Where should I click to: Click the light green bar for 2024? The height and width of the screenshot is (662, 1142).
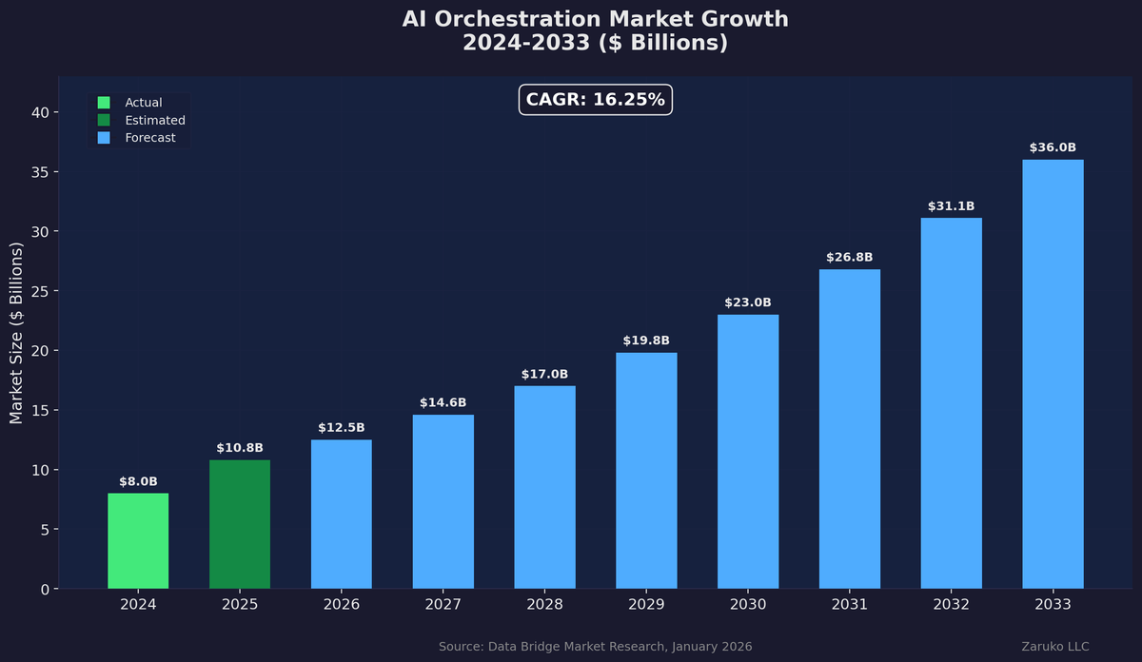(x=138, y=540)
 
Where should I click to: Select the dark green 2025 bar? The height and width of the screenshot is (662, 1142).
(x=240, y=524)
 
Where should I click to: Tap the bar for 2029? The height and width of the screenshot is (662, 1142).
(x=646, y=470)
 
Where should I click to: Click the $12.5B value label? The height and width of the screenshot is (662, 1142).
(x=341, y=428)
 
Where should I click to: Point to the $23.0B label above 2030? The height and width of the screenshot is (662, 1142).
(x=748, y=302)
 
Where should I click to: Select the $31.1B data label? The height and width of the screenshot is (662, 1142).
(x=951, y=206)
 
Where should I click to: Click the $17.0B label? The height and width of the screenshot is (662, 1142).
(x=544, y=374)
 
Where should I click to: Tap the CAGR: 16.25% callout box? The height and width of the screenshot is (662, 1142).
(x=596, y=100)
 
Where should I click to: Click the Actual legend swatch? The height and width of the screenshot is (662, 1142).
(x=104, y=103)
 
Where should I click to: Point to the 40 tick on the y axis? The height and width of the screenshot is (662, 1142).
(x=41, y=112)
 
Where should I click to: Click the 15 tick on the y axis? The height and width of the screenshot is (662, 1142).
(x=41, y=410)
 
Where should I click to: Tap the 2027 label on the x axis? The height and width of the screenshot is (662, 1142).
(x=443, y=605)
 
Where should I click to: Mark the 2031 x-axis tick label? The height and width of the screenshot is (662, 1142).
(x=849, y=605)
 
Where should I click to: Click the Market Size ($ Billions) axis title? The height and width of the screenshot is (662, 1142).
(x=16, y=333)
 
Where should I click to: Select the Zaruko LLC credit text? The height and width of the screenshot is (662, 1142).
(x=1055, y=647)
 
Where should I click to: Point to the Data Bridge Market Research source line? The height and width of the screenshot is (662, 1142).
(x=595, y=647)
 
